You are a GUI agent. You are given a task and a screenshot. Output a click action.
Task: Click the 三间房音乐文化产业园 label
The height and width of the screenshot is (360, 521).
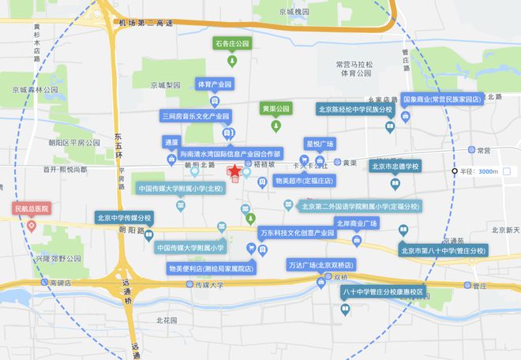pyautogui.click(x=195, y=116)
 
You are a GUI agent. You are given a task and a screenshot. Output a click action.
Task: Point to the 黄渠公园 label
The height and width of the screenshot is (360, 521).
pyautogui.click(x=276, y=107)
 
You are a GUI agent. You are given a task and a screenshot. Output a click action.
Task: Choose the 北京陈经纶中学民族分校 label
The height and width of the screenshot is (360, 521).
pyautogui.click(x=354, y=109)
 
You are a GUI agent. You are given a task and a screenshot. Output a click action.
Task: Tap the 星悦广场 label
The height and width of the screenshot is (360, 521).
pyautogui.click(x=320, y=144)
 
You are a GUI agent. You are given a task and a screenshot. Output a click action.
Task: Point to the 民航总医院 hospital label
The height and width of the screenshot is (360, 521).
pyautogui.click(x=32, y=209)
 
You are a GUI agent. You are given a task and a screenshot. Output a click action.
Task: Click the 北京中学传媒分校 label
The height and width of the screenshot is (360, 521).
pyautogui.click(x=124, y=217)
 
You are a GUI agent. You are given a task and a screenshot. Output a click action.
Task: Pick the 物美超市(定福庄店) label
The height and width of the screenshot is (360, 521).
pyautogui.click(x=305, y=181)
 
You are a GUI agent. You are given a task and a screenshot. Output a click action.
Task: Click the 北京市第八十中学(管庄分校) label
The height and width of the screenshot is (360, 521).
pyautogui.click(x=444, y=251)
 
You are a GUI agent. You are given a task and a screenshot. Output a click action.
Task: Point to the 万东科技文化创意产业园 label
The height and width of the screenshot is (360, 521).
pyautogui.click(x=297, y=234)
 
